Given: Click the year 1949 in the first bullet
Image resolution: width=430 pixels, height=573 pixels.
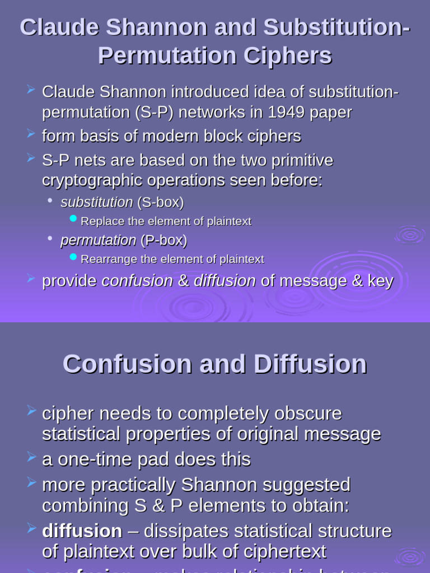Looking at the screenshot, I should coord(288,112).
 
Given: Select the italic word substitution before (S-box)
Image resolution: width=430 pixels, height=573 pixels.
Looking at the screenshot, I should coord(96,202).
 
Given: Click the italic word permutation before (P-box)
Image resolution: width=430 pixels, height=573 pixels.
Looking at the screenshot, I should coord(98,241).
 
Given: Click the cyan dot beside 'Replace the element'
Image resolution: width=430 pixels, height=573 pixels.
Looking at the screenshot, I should coord(73,218).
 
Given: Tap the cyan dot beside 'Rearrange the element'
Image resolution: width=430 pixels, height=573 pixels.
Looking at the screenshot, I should coord(73,256).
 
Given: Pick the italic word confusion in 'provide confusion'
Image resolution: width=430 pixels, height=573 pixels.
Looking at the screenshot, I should coord(137,281).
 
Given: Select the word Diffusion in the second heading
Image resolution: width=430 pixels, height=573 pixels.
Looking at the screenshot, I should coord(310,364).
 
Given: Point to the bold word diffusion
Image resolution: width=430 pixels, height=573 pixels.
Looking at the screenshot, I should coord(82,531).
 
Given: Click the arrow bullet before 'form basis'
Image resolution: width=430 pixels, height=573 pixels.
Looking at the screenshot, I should coord(31,134).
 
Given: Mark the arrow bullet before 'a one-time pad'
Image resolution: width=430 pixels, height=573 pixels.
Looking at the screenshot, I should coord(31,458).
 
